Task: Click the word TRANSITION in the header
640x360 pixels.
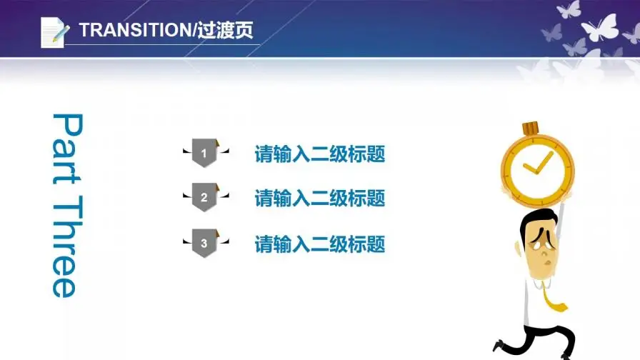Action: pos(131,30)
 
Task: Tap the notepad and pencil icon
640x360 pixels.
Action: pos(54,31)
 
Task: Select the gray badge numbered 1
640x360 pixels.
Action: pos(204,153)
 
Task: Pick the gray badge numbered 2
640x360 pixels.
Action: pos(204,197)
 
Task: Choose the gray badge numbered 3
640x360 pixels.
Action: pos(204,244)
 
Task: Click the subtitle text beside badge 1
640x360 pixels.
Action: pos(320,154)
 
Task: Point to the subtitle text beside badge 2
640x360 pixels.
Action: pos(320,198)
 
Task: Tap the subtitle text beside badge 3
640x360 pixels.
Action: pos(320,244)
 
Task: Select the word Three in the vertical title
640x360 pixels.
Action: pos(64,246)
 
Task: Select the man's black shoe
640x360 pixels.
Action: pos(499,346)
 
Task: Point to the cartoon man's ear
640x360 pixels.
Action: pos(519,246)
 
